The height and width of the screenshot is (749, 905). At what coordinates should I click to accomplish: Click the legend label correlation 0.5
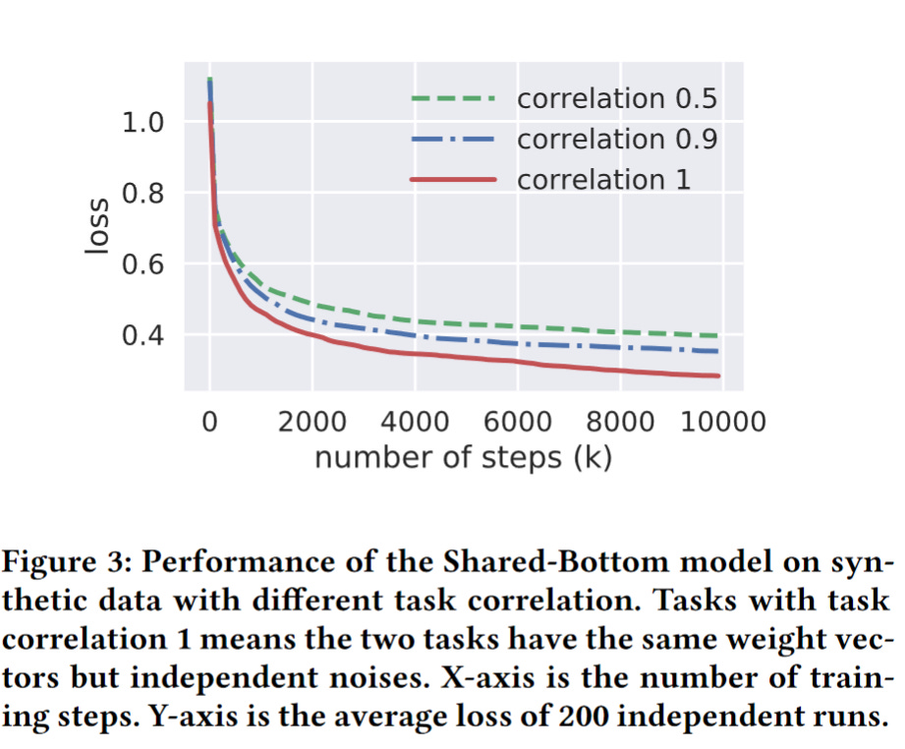pyautogui.click(x=616, y=99)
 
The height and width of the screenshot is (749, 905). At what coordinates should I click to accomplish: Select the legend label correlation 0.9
pyautogui.click(x=616, y=140)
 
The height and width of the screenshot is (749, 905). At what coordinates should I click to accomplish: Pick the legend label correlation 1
pyautogui.click(x=603, y=180)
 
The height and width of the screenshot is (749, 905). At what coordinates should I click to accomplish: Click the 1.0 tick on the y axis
pyautogui.click(x=142, y=123)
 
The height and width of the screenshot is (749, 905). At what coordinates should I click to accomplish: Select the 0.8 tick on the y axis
pyautogui.click(x=142, y=194)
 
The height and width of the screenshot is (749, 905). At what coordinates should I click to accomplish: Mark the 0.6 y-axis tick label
pyautogui.click(x=142, y=265)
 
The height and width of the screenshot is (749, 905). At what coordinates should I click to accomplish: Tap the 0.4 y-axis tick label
pyautogui.click(x=142, y=336)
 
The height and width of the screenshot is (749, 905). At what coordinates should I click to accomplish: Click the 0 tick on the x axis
pyautogui.click(x=209, y=424)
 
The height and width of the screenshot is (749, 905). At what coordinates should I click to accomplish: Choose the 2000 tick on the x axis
pyautogui.click(x=311, y=424)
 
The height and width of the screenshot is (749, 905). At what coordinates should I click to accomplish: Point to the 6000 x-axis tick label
pyautogui.click(x=517, y=424)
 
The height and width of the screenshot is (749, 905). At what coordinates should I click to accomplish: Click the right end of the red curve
pyautogui.click(x=718, y=375)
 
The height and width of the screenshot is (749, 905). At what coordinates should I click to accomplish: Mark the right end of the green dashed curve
pyautogui.click(x=718, y=336)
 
